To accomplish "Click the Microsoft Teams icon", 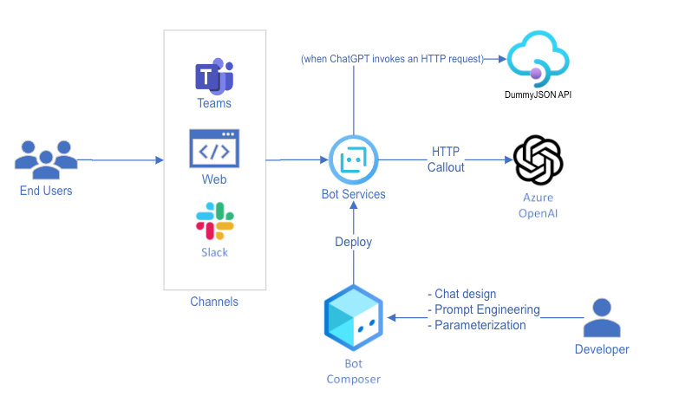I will coord(214,75).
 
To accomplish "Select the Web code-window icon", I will coord(214,148).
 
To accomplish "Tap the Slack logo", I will coord(214,221).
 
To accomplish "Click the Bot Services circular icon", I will coord(353,159).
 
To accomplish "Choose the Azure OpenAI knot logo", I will coord(538,159).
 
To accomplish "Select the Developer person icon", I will coord(601,318).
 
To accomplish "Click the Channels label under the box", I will coord(214,302).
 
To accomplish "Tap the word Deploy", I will coord(353,242).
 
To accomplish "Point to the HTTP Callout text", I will coord(446,159).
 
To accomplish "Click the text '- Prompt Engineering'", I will coord(484,309).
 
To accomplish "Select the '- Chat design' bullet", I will coord(462,294).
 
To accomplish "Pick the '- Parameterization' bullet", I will coord(477,325).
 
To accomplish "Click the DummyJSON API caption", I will coord(538,94).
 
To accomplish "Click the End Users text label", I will coord(46,191).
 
